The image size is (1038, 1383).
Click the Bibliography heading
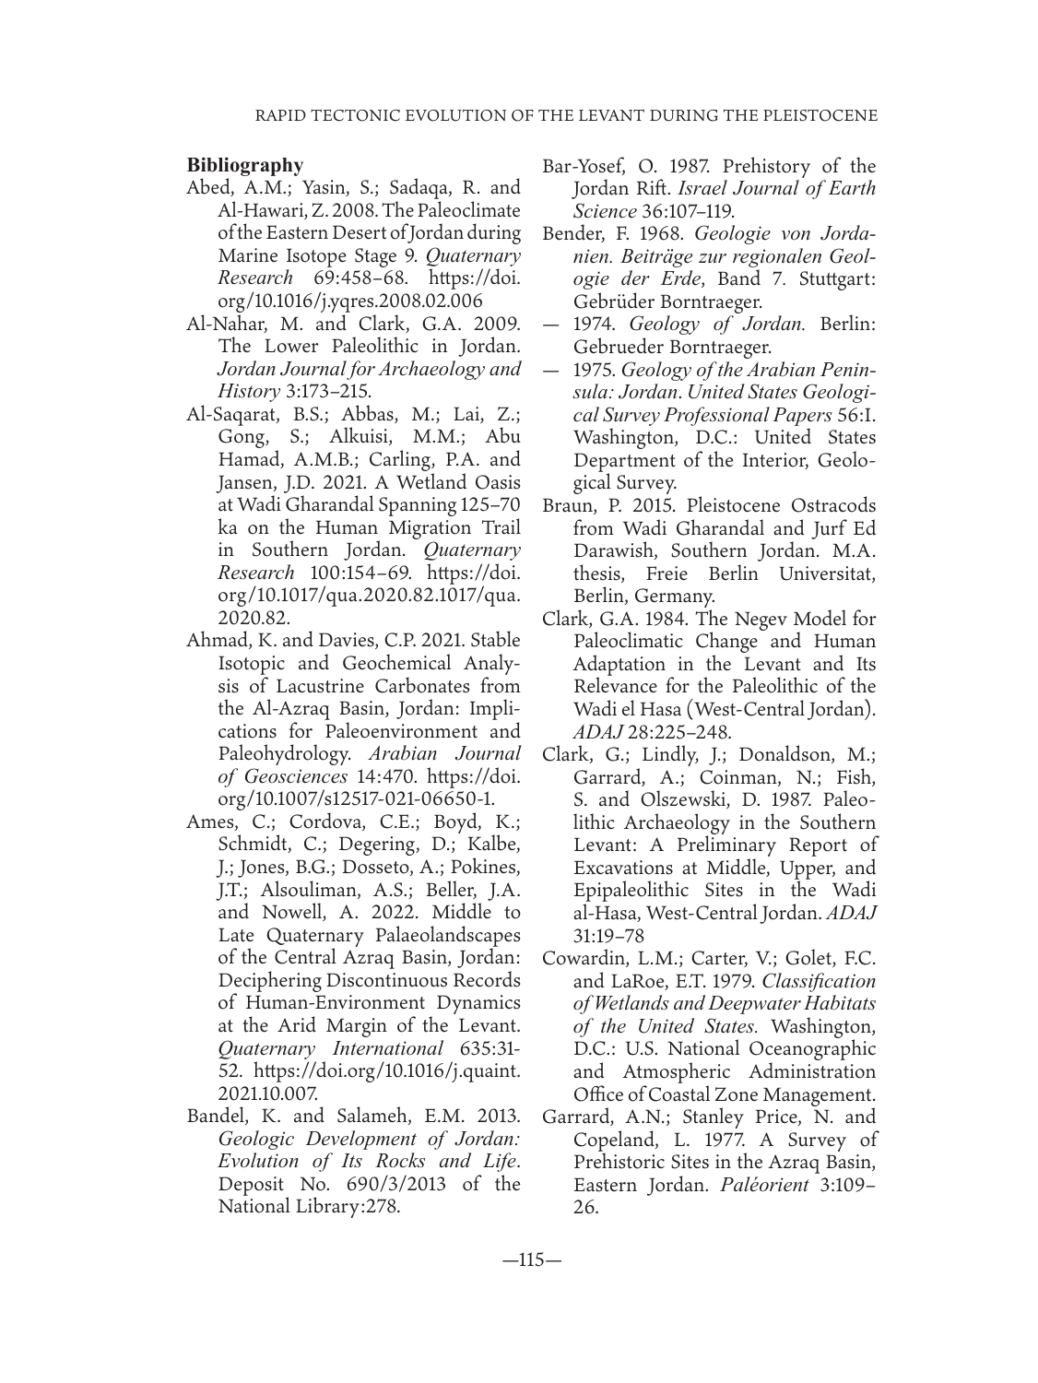tap(244, 166)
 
